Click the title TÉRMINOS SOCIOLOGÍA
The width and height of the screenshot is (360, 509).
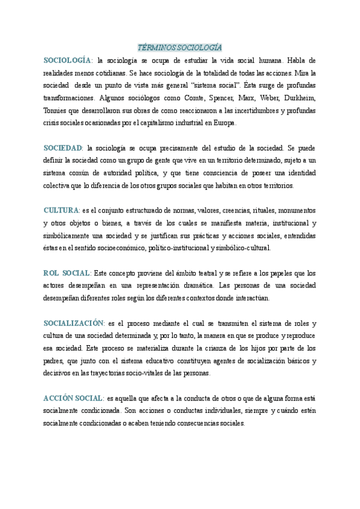pos(180,47)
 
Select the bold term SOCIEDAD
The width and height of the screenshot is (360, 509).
pos(63,148)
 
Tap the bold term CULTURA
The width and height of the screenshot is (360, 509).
pos(61,210)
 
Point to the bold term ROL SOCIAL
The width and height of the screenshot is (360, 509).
pos(67,273)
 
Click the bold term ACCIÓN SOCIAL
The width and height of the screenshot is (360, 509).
pos(72,398)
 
